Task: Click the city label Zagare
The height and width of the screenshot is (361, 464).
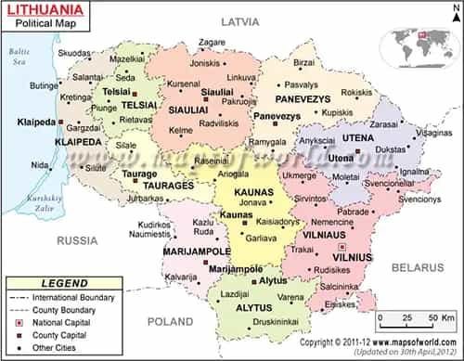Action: point(212,42)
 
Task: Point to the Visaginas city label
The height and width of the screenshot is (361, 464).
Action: point(432,133)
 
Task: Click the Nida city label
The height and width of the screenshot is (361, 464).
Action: point(40,165)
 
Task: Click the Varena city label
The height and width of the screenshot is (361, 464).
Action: point(291,297)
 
